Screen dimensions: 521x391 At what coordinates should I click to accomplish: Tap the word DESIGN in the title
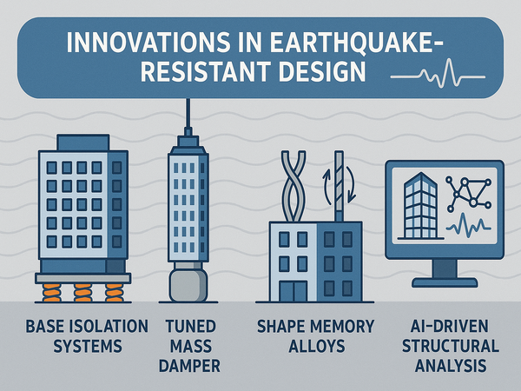pos(322,71)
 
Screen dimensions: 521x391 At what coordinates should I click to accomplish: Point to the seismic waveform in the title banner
pos(438,74)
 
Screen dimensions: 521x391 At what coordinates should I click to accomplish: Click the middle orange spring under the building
pos(82,293)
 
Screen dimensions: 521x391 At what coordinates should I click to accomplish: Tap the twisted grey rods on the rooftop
pos(293,186)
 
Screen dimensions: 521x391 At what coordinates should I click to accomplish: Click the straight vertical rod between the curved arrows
pos(339,186)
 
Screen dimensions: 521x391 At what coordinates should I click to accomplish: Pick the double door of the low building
pos(293,291)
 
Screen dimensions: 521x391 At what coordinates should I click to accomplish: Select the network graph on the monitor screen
pos(469,194)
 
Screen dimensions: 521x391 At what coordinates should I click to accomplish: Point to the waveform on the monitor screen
pos(469,225)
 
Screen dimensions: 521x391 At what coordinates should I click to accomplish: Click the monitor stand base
pos(445,283)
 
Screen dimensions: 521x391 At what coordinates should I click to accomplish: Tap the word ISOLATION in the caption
pos(113,326)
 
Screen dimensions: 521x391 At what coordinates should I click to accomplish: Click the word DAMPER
pos(189,366)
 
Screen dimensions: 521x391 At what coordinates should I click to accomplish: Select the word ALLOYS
pos(317,347)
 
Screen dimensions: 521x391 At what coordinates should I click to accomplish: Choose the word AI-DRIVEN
pos(450,326)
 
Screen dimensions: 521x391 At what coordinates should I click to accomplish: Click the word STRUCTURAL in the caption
pos(450,346)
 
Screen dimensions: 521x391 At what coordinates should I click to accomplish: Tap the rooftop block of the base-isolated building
pos(83,142)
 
